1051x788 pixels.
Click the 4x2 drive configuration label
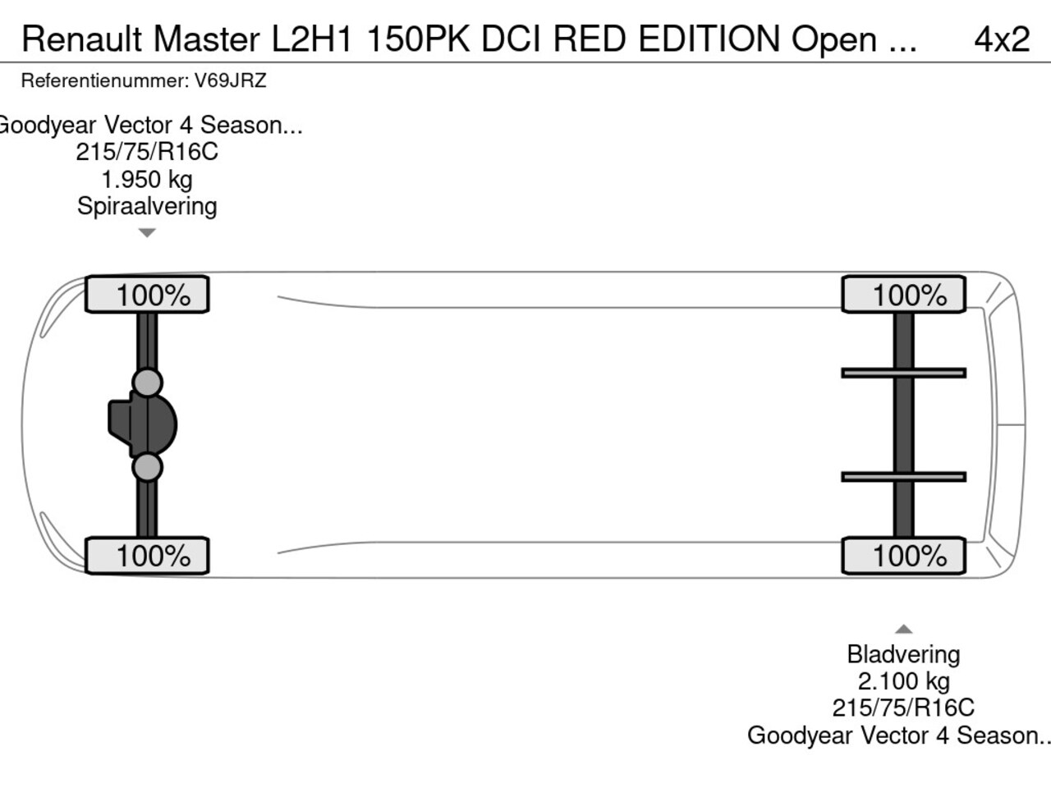(x=1002, y=39)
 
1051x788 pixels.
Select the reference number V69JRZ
(x=230, y=80)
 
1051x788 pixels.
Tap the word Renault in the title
(x=82, y=39)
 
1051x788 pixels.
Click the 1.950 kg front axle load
(x=147, y=180)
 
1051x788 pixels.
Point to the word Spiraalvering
(x=147, y=207)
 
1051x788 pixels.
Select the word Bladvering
(x=903, y=654)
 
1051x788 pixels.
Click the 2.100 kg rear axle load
(x=903, y=681)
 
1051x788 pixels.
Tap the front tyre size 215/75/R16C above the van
(x=147, y=152)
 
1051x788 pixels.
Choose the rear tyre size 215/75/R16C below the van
(x=903, y=708)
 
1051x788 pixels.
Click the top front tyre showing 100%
(x=147, y=294)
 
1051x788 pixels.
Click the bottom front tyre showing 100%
(x=147, y=556)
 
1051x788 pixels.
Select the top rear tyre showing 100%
(x=903, y=294)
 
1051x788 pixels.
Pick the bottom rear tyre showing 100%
(x=903, y=556)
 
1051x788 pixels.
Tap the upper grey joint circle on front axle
(x=147, y=383)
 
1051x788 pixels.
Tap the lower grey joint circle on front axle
(x=147, y=467)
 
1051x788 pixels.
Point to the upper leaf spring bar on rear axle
(x=903, y=373)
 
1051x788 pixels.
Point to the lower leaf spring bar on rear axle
(x=903, y=477)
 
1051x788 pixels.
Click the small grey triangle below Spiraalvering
(x=147, y=233)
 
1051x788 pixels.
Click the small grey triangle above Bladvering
(x=903, y=629)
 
